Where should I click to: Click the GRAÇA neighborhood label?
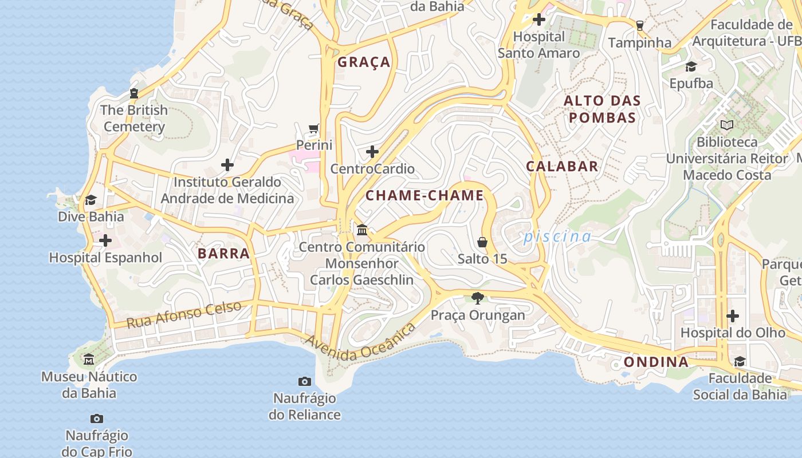364,62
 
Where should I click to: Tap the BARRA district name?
223,254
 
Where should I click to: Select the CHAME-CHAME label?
424,196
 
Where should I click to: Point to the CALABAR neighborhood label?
562,167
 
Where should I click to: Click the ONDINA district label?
656,362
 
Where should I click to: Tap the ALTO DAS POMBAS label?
601,109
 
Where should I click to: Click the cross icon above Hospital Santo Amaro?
538,19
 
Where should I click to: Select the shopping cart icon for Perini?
313,128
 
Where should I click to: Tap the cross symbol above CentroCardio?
372,152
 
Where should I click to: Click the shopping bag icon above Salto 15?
482,242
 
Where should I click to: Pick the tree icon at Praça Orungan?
477,298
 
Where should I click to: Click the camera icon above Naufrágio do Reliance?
305,381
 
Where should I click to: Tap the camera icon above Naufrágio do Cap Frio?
97,418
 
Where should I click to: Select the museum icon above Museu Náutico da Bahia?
89,360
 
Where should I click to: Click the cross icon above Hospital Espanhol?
105,240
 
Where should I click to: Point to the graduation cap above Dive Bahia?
91,200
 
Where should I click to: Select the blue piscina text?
557,236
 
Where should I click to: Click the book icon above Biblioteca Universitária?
727,125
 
